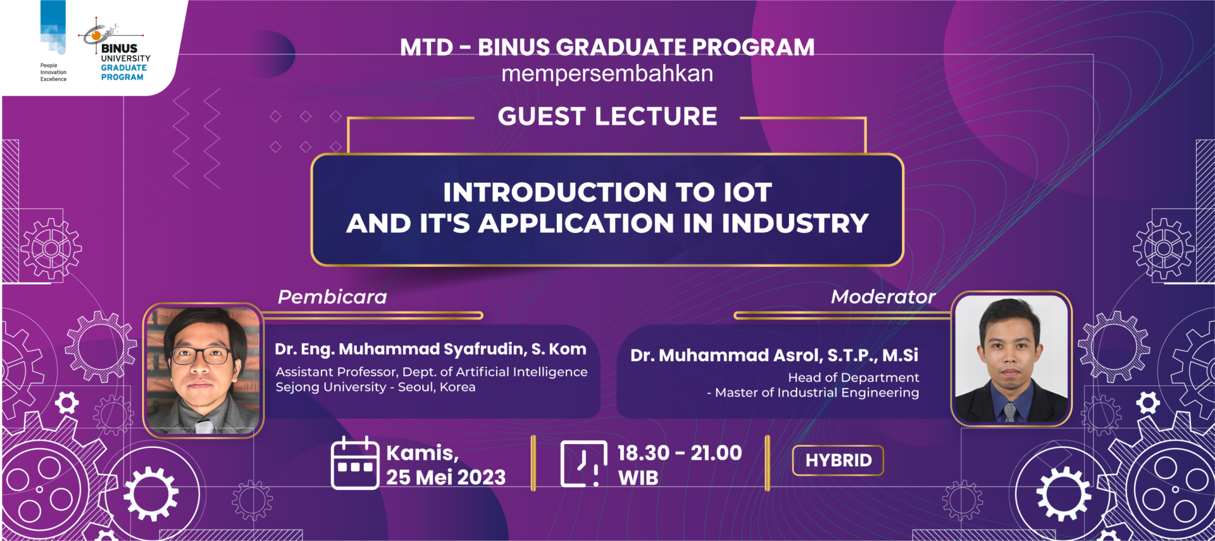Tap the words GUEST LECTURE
pos(607,116)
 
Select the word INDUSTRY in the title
pos(795,223)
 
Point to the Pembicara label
pos(332,297)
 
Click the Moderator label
pos(883,297)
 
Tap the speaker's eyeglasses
pos(201,355)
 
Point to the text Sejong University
pos(330,387)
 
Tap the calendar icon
pos(355,463)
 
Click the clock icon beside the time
pos(583,464)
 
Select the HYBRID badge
pos(838,461)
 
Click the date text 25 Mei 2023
pos(446,477)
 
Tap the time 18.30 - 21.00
pos(680,453)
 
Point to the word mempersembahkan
pos(607,74)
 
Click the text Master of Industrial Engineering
pos(817,393)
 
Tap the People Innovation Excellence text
pos(53,72)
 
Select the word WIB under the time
pos(639,478)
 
